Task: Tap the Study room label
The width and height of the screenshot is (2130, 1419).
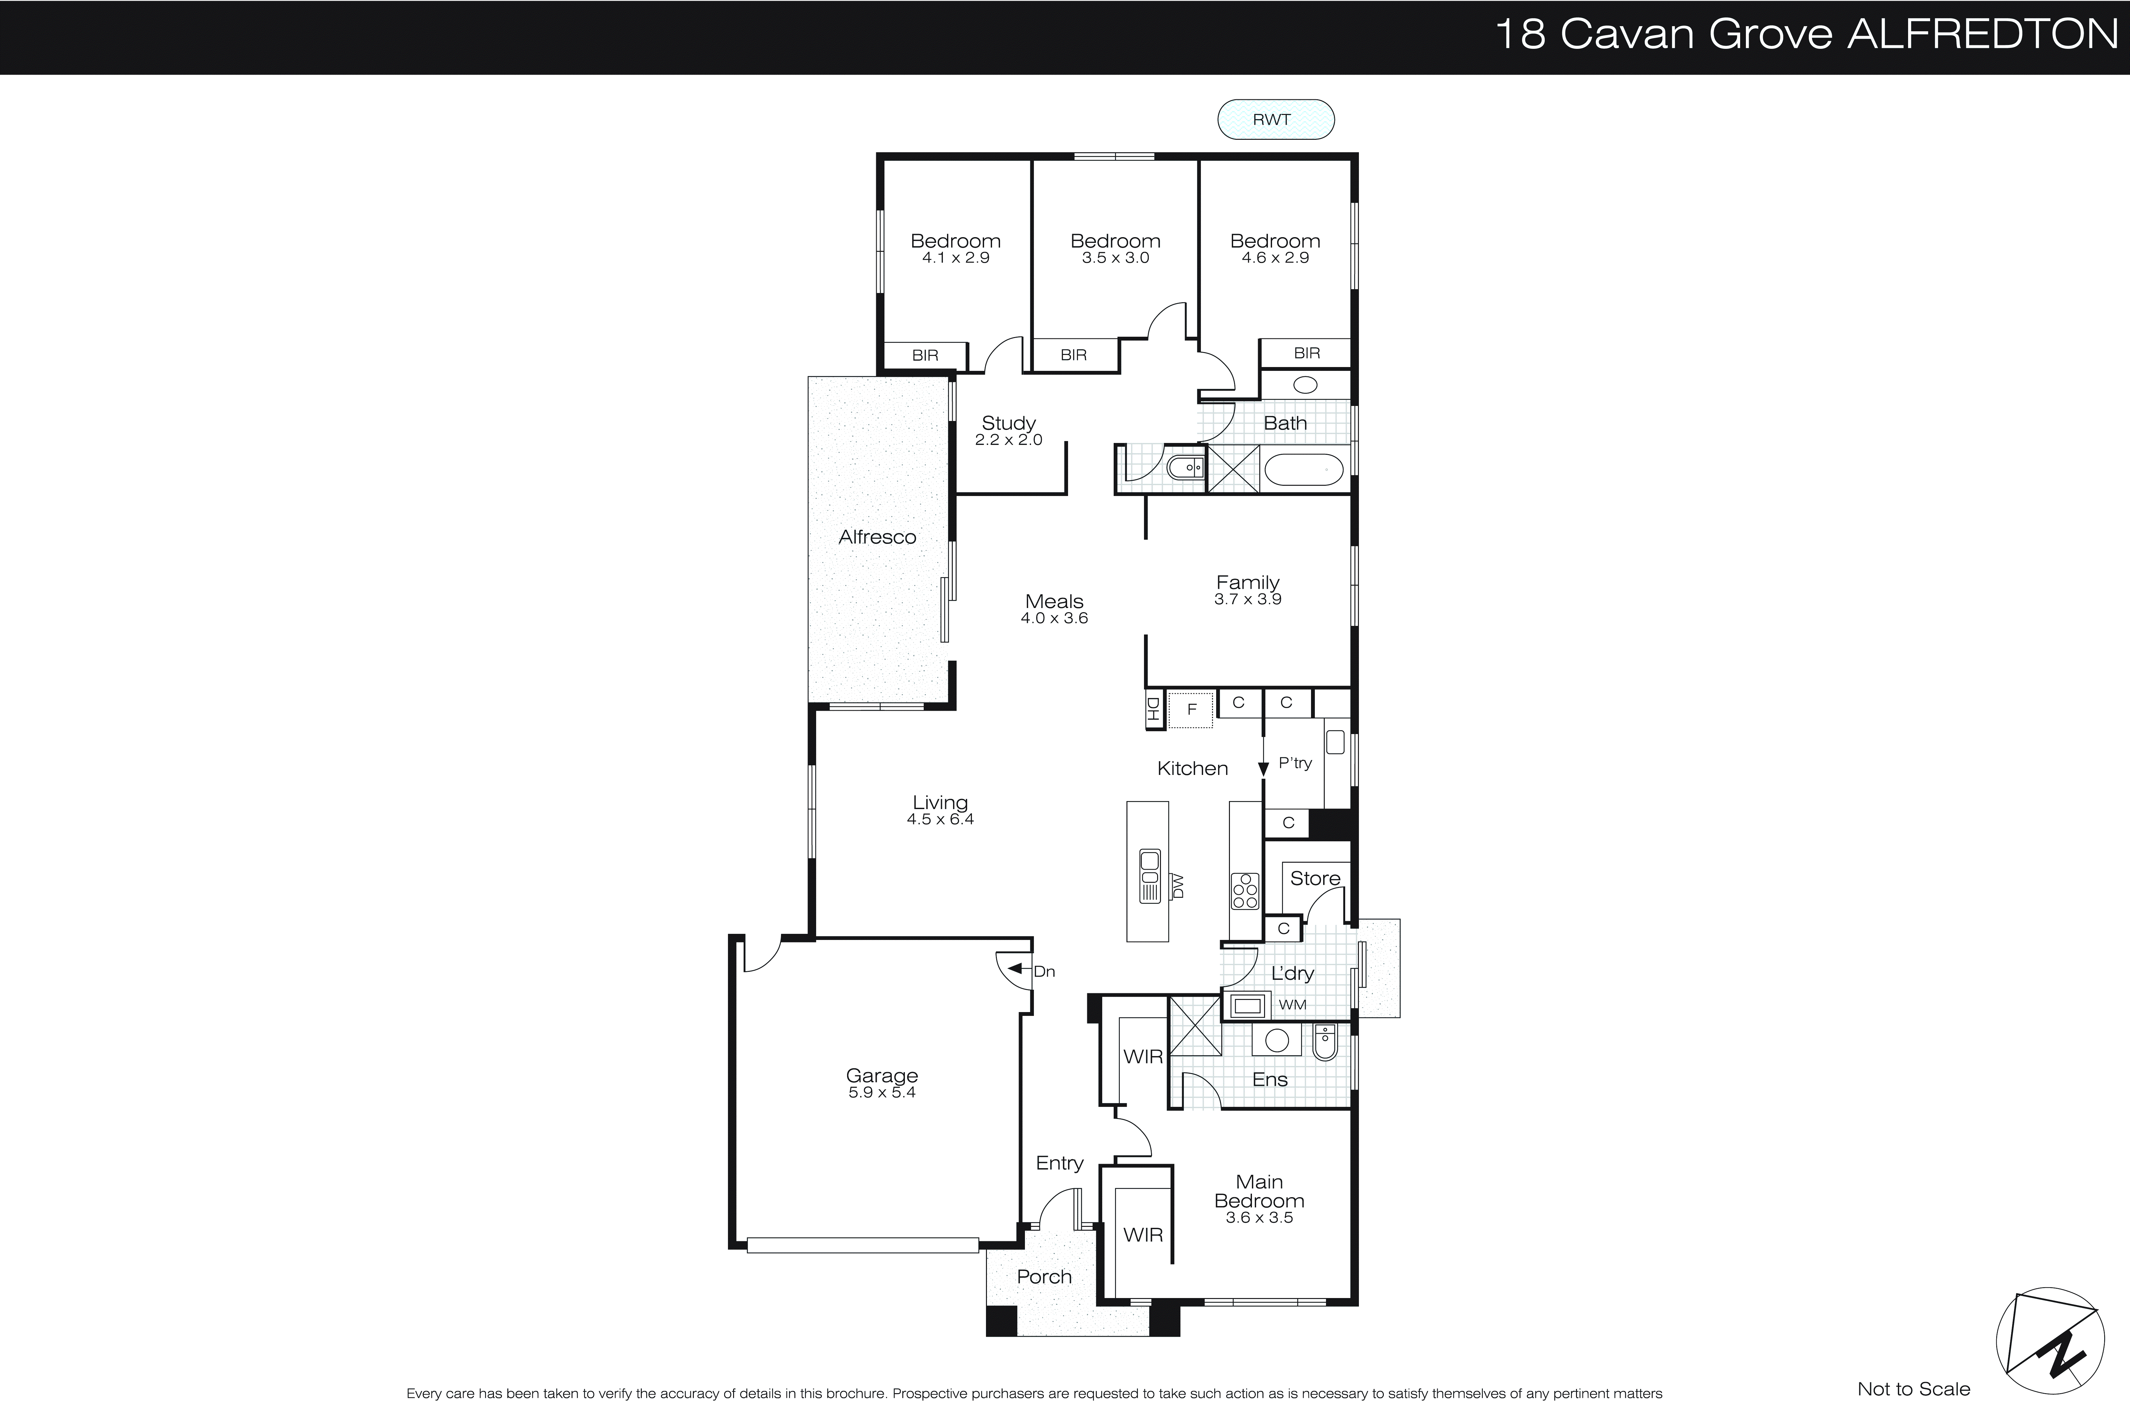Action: click(x=1008, y=423)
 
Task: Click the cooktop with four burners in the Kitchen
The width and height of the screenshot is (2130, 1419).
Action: click(x=1245, y=890)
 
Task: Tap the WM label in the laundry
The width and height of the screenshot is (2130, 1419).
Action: click(x=1292, y=1004)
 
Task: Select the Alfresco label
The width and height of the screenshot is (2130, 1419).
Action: click(x=877, y=537)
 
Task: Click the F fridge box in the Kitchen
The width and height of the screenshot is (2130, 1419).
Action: click(x=1191, y=709)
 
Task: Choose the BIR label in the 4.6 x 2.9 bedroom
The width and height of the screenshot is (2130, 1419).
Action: click(x=1306, y=353)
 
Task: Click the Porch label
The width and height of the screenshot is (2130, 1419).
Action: click(x=1044, y=1277)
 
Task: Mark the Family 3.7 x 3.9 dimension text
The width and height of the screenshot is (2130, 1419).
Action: click(x=1247, y=599)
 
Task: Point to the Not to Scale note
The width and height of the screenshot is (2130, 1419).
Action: click(x=1913, y=1389)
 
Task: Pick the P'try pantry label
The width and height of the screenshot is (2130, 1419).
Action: click(x=1294, y=763)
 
